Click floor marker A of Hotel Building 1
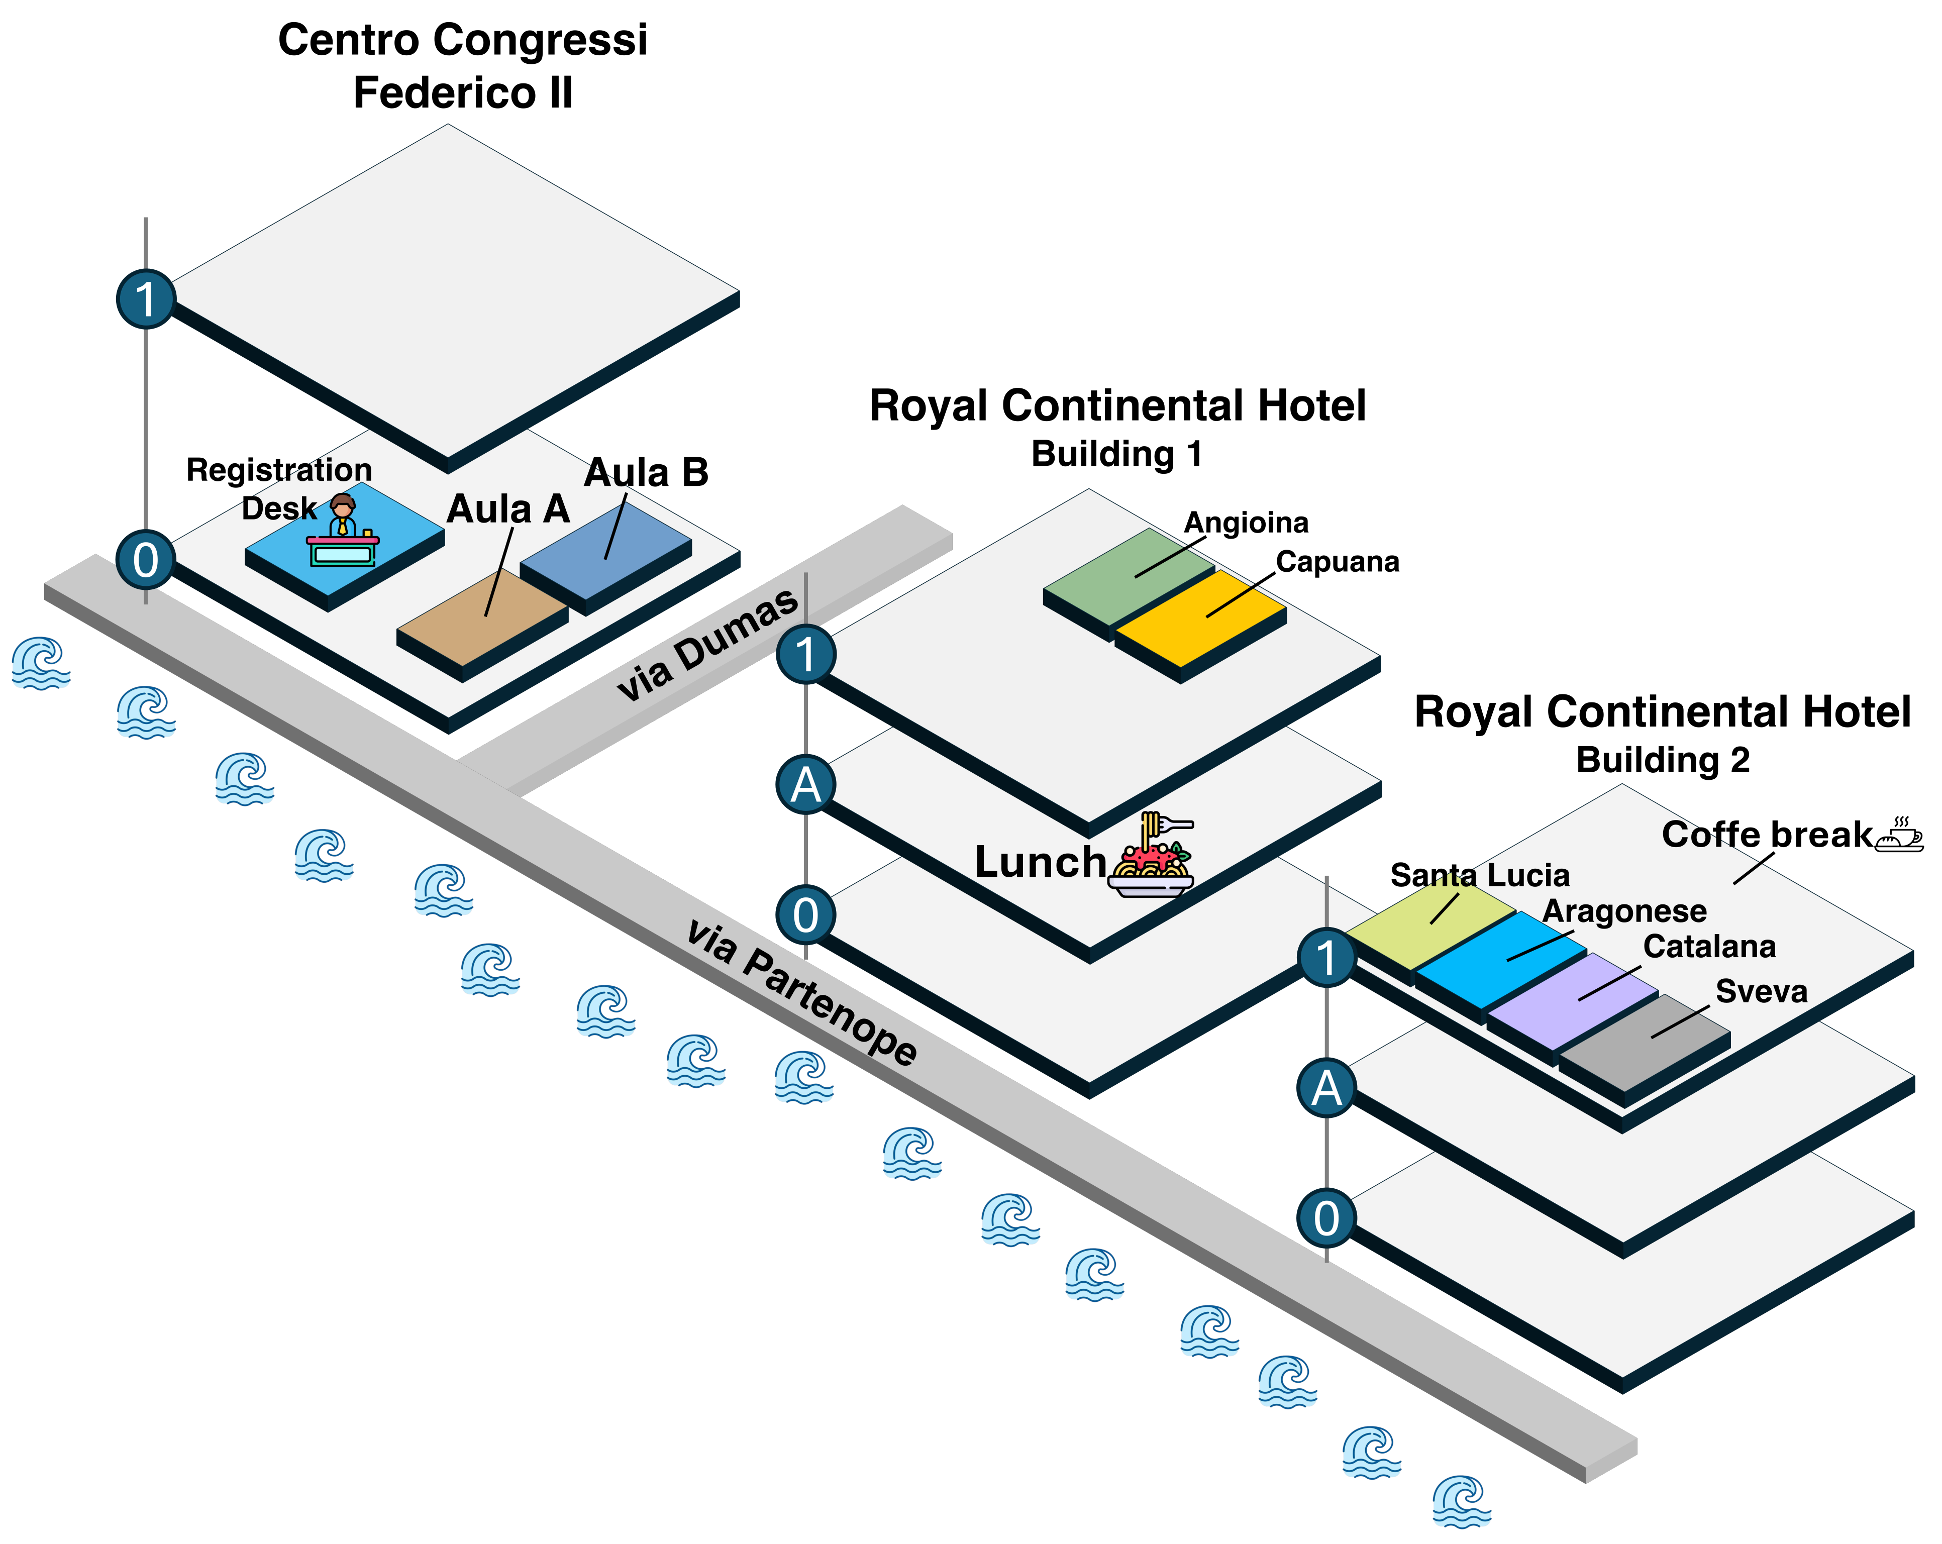(805, 785)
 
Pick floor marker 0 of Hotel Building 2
(1326, 1218)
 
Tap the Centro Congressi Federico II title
(463, 66)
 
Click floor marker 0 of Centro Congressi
(146, 559)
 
